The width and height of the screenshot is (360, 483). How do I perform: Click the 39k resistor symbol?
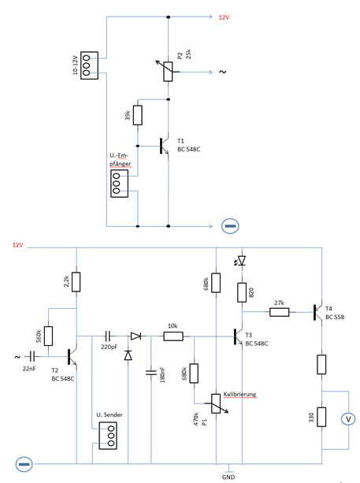(x=138, y=115)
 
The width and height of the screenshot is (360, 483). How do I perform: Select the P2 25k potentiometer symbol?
(x=168, y=72)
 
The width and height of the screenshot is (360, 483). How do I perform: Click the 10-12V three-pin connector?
(x=89, y=65)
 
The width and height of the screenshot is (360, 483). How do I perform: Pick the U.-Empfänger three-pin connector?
(x=119, y=184)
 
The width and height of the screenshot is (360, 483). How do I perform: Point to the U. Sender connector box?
(x=108, y=436)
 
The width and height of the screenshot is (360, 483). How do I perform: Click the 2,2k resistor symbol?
(x=76, y=282)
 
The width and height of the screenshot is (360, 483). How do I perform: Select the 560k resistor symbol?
(x=48, y=336)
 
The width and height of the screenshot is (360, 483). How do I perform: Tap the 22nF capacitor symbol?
(x=32, y=357)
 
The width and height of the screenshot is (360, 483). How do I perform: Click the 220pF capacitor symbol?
(x=108, y=336)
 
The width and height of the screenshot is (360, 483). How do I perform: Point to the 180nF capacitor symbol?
(x=151, y=373)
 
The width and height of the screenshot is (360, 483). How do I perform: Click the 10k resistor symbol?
(x=173, y=336)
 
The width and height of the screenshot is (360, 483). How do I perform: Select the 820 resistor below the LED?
(x=242, y=292)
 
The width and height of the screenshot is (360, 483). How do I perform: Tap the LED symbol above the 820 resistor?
(x=240, y=261)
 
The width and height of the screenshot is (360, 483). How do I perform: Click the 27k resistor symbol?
(x=280, y=312)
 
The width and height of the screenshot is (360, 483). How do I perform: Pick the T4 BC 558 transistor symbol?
(x=318, y=312)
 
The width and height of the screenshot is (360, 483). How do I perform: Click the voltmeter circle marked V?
(x=348, y=419)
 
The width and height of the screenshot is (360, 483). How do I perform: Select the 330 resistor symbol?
(x=321, y=417)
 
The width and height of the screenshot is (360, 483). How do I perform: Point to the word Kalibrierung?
(x=239, y=394)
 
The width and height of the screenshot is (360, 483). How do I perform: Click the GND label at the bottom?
(x=228, y=477)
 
